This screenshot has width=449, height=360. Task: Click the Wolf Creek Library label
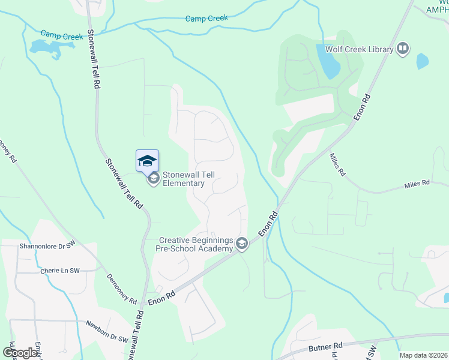click(359, 49)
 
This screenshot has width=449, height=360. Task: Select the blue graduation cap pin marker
click(148, 160)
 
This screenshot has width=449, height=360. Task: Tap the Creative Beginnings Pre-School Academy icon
click(242, 243)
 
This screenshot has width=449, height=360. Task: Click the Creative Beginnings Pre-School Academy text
click(196, 244)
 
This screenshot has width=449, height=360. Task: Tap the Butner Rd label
click(325, 346)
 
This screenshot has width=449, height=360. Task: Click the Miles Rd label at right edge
click(417, 183)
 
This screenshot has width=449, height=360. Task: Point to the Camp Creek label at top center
click(206, 19)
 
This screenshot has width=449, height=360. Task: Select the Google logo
click(20, 353)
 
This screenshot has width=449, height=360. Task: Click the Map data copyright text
click(423, 355)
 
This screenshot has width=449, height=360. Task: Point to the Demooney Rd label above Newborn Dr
click(122, 289)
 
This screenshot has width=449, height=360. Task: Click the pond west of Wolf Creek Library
click(327, 61)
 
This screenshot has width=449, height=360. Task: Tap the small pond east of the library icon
click(423, 61)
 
